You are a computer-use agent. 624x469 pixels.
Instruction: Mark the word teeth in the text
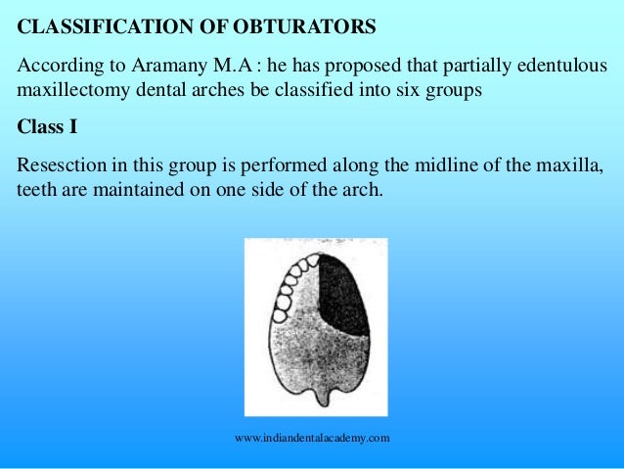(37, 189)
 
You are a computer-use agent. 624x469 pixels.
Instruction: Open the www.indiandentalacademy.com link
(313, 439)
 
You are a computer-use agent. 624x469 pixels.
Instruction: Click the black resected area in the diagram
(342, 294)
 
